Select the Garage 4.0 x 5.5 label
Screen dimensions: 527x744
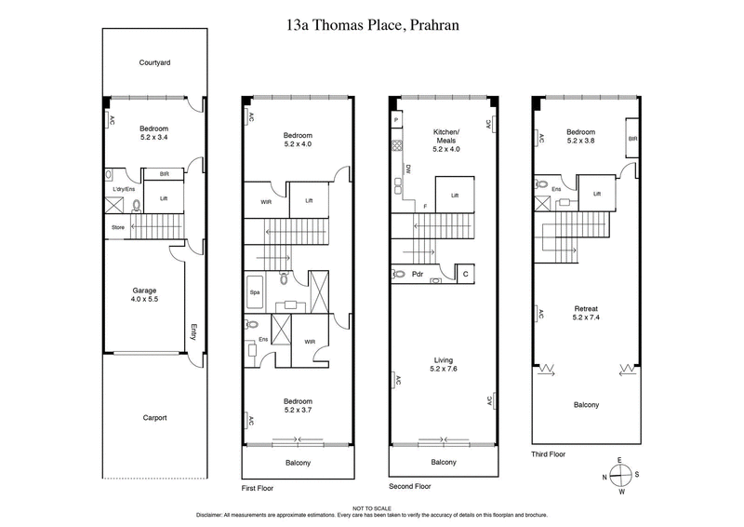point(148,295)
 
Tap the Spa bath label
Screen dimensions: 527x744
point(253,292)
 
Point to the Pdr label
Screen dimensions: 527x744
point(418,275)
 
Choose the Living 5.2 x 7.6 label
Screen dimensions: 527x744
point(444,365)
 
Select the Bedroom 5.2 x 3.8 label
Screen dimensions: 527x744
point(585,136)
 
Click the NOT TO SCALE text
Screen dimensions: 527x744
point(372,507)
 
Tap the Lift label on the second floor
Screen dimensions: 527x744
point(455,196)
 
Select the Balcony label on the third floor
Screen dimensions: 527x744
point(586,404)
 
